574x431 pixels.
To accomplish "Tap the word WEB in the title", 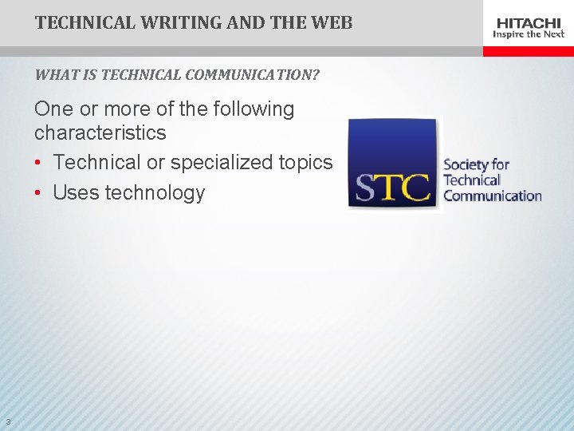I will point(333,22).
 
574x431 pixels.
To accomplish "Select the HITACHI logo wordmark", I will point(529,22).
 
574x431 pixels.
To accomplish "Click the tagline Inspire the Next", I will point(529,34).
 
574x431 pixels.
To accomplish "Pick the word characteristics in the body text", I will point(100,132).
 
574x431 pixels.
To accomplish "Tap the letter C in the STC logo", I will point(415,188).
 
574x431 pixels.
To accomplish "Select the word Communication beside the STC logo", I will point(492,196).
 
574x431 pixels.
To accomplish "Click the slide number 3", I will point(7,421).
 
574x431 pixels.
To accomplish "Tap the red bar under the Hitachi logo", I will point(528,51).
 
